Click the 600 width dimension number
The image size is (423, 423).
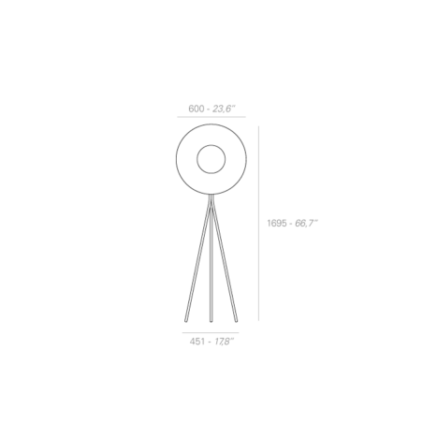click(x=196, y=109)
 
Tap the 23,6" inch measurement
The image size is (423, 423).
click(x=224, y=109)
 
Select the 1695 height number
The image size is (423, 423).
click(x=277, y=224)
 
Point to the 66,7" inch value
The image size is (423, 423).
click(x=306, y=224)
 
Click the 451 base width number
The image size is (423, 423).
click(x=197, y=342)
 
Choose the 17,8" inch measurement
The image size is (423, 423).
click(x=224, y=342)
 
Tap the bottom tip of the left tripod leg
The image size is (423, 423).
click(x=186, y=321)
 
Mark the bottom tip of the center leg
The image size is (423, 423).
click(x=211, y=321)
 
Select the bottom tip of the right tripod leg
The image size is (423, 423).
click(x=236, y=321)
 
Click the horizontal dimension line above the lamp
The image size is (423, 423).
click(x=211, y=117)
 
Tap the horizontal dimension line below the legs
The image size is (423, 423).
click(x=211, y=333)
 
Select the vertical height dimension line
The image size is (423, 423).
click(x=258, y=224)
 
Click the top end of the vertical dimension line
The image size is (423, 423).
click(x=258, y=126)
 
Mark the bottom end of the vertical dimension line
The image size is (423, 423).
click(x=258, y=321)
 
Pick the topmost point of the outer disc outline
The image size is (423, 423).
click(x=211, y=124)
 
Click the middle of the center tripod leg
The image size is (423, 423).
click(x=211, y=259)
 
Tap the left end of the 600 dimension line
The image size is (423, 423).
click(x=177, y=117)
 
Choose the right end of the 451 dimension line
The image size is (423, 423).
click(x=239, y=333)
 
